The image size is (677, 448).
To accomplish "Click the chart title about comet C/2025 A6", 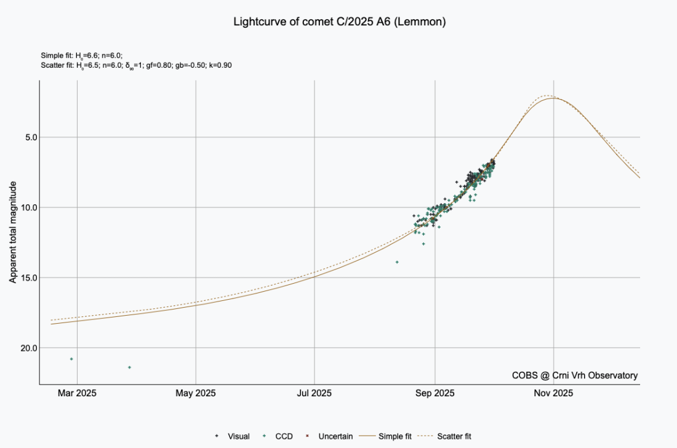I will click(x=340, y=22).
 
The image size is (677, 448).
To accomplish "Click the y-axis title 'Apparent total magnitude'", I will click(x=12, y=233).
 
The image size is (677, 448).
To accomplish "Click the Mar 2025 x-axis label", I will click(x=77, y=393).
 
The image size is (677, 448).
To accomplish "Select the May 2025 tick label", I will click(x=196, y=393).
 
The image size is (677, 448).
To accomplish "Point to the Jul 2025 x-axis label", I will click(x=315, y=393).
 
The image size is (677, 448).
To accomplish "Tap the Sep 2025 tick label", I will click(x=435, y=393).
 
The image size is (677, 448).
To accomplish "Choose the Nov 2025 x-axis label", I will click(x=554, y=393).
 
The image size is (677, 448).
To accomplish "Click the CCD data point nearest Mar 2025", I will click(x=71, y=359).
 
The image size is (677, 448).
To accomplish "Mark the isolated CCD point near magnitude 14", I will click(x=397, y=262).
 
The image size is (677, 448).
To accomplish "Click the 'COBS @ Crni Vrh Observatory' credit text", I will click(x=575, y=375).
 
